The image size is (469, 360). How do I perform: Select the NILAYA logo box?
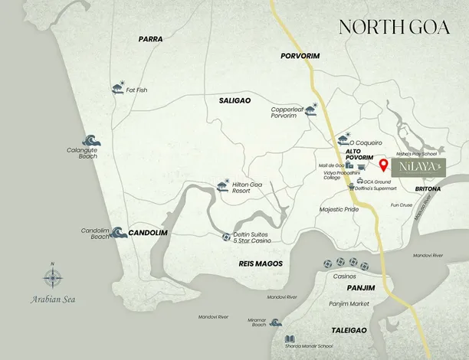coord(414,167)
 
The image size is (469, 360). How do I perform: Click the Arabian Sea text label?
coord(52,301)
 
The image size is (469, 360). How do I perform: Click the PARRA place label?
coord(152,38)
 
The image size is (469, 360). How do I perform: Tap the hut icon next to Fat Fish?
coord(117,88)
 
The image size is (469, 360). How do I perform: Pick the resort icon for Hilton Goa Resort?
coord(223,185)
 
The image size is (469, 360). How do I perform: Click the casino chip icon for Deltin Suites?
coord(226,237)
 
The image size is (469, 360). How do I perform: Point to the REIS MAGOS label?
coord(261,263)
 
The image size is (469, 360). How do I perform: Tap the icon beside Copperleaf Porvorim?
coord(311,111)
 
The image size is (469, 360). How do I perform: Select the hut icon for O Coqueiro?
coord(343,140)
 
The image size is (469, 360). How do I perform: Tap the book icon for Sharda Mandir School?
coord(290,339)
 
